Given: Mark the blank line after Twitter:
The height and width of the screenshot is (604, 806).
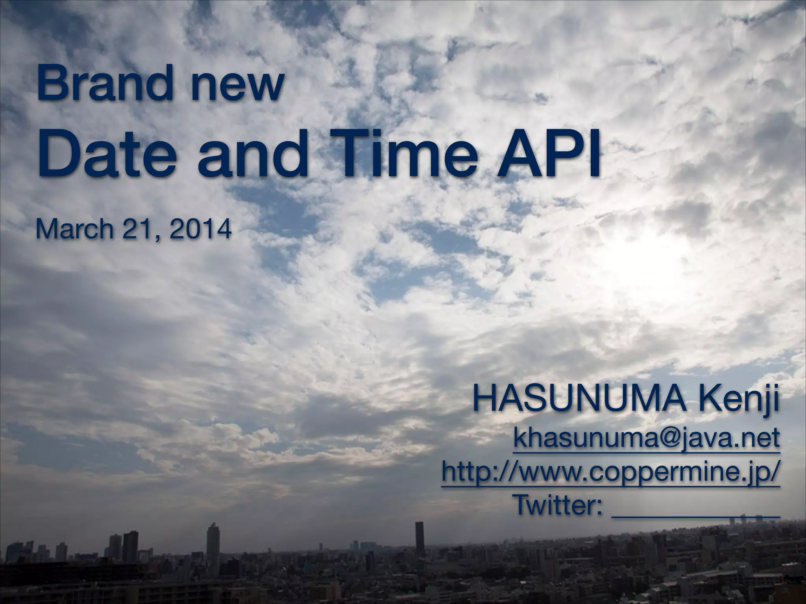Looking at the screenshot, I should (x=695, y=513).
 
